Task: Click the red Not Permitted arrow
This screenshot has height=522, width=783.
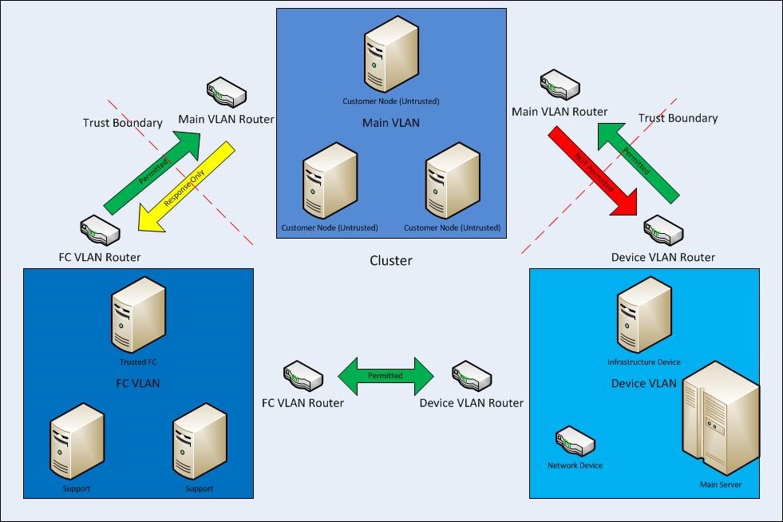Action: (x=592, y=171)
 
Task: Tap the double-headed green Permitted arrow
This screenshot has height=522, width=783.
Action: (x=386, y=376)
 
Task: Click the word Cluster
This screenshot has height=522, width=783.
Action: (x=391, y=260)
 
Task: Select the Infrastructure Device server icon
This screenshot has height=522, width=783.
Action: (x=643, y=316)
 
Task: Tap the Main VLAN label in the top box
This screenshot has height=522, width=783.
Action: (x=391, y=123)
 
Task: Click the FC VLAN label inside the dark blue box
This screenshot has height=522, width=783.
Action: (x=138, y=383)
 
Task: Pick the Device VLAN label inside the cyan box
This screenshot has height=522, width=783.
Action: (x=643, y=383)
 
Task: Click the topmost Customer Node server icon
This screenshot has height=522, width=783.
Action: (x=392, y=53)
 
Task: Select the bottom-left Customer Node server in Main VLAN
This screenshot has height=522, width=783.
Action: (x=329, y=181)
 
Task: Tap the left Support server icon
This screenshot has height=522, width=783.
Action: (x=77, y=441)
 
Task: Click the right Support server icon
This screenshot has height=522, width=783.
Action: (x=200, y=441)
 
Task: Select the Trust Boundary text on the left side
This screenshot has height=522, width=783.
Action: (x=123, y=123)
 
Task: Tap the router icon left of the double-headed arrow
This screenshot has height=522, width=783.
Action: (x=303, y=377)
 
